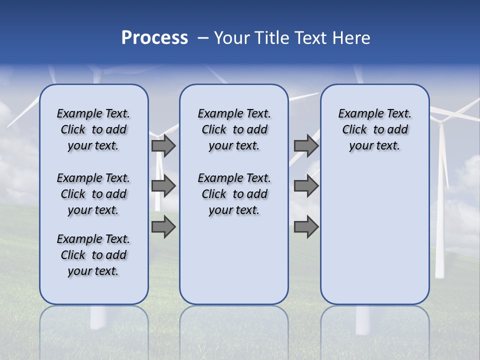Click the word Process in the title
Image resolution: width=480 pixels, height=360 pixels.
(x=154, y=38)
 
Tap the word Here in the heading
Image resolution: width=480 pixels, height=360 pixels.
(x=350, y=38)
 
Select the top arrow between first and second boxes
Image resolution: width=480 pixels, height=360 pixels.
(x=163, y=145)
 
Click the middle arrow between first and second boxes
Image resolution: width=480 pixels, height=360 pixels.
(x=163, y=186)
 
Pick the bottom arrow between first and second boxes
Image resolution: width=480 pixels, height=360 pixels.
(x=163, y=227)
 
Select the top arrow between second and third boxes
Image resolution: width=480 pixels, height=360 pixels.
(x=306, y=145)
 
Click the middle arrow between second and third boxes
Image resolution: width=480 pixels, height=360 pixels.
(x=306, y=186)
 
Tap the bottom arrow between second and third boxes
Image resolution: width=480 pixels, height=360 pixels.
(x=306, y=227)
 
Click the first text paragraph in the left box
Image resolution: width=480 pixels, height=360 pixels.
(x=93, y=129)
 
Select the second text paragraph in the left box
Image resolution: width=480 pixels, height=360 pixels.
(x=93, y=194)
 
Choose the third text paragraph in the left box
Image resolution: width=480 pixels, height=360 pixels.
(x=93, y=255)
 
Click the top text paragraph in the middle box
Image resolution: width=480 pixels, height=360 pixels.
(x=234, y=129)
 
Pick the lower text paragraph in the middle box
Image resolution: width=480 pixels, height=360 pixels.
(x=234, y=194)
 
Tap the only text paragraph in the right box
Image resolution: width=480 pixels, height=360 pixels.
(x=374, y=129)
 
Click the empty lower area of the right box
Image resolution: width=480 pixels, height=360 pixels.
(x=374, y=235)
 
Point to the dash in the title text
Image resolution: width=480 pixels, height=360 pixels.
(x=203, y=38)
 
